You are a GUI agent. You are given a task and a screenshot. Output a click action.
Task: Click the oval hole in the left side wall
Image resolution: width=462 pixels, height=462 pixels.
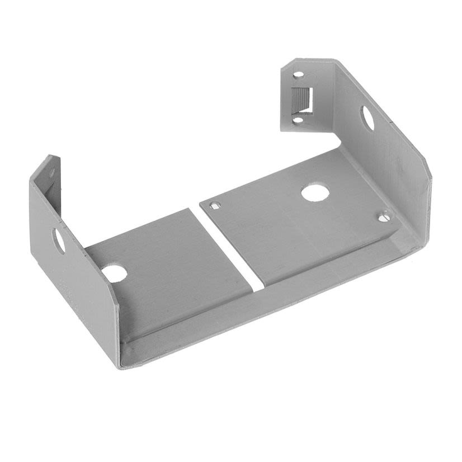59,240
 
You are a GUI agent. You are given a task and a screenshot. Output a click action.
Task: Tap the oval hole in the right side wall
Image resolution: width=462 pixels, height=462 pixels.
367,118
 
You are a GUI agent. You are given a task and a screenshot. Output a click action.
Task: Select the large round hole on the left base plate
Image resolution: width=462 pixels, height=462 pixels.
114,273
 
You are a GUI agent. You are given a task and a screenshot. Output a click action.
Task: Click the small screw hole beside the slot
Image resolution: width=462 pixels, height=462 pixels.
214,206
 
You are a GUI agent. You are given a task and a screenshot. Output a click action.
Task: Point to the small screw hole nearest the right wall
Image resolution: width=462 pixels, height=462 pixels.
384,216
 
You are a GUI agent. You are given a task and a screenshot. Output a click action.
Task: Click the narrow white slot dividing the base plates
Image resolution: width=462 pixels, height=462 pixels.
230,247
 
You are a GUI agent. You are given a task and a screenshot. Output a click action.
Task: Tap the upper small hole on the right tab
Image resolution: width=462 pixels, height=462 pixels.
298,74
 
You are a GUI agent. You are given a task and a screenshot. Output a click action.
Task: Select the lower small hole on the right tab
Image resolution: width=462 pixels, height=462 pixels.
298,119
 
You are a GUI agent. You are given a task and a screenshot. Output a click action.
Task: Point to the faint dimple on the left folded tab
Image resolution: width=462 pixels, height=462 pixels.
51,173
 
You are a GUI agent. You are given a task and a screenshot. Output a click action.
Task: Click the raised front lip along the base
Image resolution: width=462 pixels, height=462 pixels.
268,313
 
